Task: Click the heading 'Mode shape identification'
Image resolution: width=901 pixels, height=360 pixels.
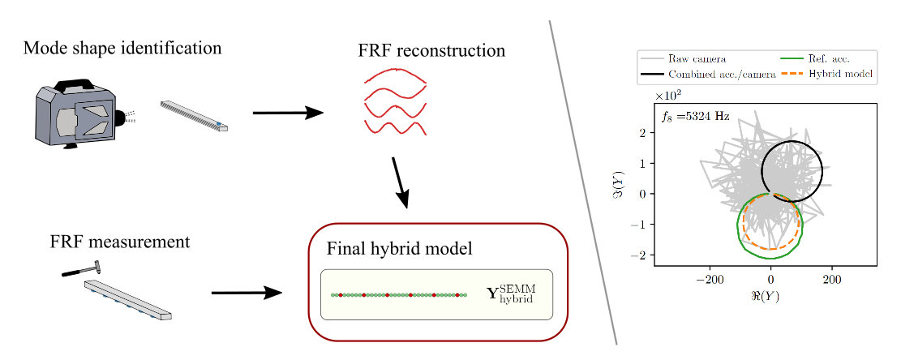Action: click(122, 48)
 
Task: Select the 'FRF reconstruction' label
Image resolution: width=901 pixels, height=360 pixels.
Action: click(431, 51)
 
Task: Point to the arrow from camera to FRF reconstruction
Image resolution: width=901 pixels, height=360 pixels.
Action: click(288, 113)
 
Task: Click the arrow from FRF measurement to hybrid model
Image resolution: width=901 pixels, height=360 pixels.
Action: click(247, 292)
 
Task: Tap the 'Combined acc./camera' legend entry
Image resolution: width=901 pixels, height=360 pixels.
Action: click(722, 73)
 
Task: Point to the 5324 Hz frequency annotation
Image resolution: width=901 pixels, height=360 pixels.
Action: click(696, 116)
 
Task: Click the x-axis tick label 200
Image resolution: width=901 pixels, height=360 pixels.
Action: click(831, 278)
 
